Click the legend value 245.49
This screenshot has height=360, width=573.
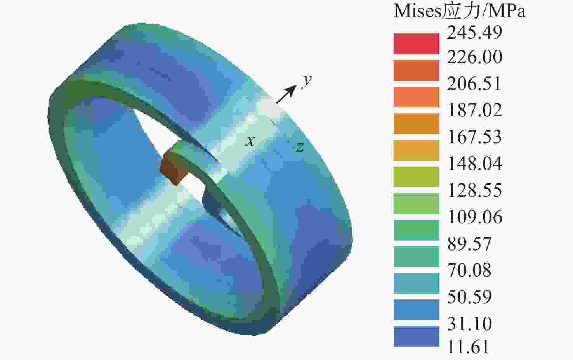point(474,33)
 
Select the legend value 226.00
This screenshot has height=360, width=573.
point(474,57)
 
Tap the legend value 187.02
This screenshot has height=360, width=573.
point(474,110)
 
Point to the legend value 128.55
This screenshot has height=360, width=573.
point(474,190)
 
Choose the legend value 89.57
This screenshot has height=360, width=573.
point(469,243)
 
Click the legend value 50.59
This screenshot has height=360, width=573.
point(469,297)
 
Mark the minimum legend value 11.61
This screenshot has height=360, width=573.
point(468,347)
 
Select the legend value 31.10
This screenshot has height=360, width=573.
point(469,324)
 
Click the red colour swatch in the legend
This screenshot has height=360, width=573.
point(417,44)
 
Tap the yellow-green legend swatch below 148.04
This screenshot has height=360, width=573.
point(417,177)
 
